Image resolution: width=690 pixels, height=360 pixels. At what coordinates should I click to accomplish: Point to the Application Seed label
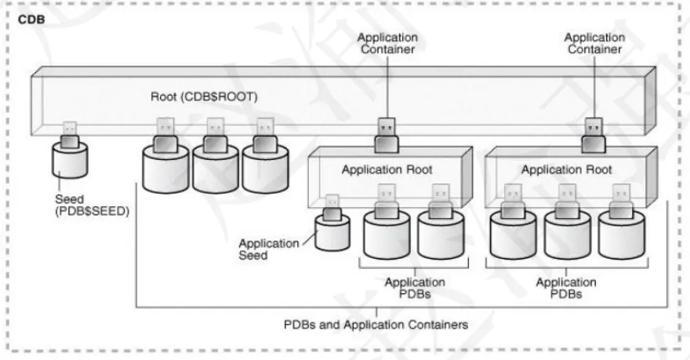pyautogui.click(x=269, y=249)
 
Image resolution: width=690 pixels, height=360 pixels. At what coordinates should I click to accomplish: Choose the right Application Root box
pyautogui.click(x=565, y=169)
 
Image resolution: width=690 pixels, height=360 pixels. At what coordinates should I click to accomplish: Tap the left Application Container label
pyautogui.click(x=387, y=42)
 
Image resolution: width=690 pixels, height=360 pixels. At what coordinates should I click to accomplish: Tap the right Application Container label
pyautogui.click(x=594, y=42)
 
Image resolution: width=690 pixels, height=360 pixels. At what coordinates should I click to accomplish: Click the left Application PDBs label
pyautogui.click(x=415, y=288)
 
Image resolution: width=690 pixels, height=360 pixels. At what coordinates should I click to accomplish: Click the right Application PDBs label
pyautogui.click(x=565, y=288)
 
